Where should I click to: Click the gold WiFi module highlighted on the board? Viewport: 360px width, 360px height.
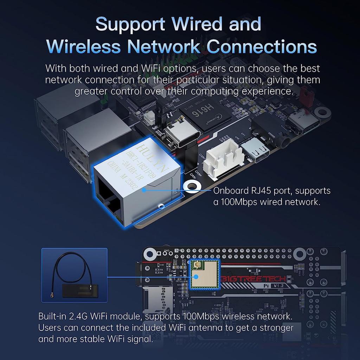click(204, 274)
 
